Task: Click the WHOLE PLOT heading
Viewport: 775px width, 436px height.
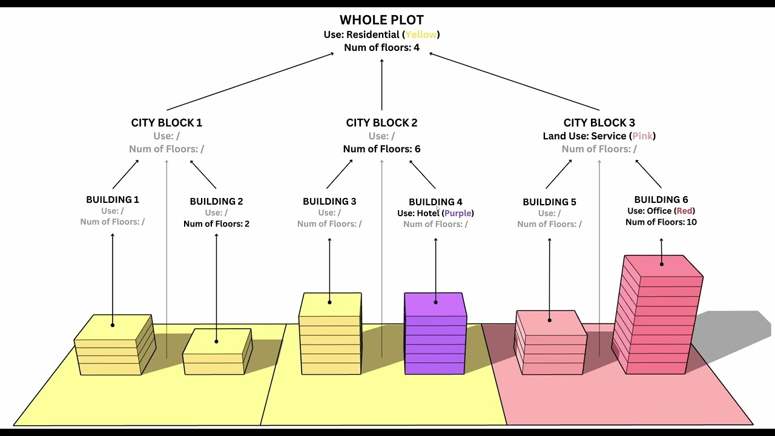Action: coord(381,20)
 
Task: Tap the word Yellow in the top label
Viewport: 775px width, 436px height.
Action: coord(421,35)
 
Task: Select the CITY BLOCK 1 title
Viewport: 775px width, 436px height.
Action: coord(167,122)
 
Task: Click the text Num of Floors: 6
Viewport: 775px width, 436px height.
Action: coord(381,149)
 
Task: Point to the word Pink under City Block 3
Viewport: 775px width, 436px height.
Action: coord(642,136)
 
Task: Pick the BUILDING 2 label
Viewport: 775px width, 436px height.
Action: coord(216,202)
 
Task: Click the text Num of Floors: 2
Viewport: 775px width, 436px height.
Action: coord(216,224)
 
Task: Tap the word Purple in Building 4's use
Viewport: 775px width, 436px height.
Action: coord(458,213)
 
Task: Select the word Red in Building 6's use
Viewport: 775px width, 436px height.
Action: coord(684,211)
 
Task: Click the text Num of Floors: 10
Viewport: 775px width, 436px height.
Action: coord(661,222)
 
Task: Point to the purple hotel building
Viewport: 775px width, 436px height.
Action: coord(435,334)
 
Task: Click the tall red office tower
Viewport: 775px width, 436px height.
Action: coord(658,315)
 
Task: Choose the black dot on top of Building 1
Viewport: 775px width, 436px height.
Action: coord(113,325)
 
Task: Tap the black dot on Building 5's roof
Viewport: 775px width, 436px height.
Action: coord(549,320)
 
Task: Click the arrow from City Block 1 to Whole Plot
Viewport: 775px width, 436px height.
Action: coord(250,81)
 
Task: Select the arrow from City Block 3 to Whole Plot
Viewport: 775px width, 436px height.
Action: coord(514,81)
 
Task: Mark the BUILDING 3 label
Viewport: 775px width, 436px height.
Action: coord(329,202)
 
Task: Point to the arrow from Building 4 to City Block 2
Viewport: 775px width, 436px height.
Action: coord(423,174)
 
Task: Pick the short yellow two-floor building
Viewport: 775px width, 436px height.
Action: coord(217,352)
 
